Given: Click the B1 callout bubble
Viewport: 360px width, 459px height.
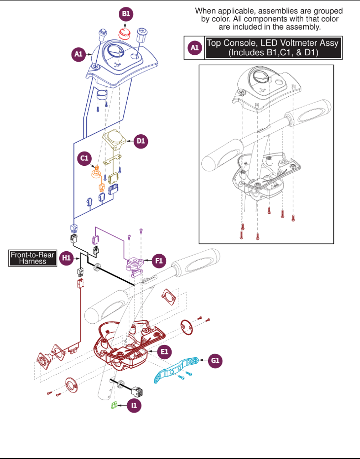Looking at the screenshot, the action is (126, 14).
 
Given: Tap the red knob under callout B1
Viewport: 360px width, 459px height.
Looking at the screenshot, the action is (125, 34).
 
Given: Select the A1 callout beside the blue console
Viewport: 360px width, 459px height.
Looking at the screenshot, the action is (78, 54).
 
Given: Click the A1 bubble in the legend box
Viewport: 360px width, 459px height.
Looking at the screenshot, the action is (194, 48).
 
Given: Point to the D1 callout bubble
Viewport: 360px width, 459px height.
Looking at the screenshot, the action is (141, 141).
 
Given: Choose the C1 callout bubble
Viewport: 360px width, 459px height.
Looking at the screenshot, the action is (84, 158).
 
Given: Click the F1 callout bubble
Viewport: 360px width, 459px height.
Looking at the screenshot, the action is (159, 261).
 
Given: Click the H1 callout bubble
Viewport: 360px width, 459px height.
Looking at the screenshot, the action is (67, 258).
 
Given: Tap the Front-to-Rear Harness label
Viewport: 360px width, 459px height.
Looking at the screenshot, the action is (33, 258).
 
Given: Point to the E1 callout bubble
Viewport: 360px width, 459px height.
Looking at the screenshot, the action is (164, 351).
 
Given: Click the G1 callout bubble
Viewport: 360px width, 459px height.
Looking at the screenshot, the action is (215, 360).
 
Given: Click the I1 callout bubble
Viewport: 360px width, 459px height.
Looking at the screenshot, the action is (134, 405).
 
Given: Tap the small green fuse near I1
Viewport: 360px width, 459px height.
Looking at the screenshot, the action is (114, 405).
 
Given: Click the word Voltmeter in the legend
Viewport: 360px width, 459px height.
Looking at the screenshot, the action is (298, 43).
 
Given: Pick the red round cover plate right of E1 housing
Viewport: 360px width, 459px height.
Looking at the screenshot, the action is (186, 327).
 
